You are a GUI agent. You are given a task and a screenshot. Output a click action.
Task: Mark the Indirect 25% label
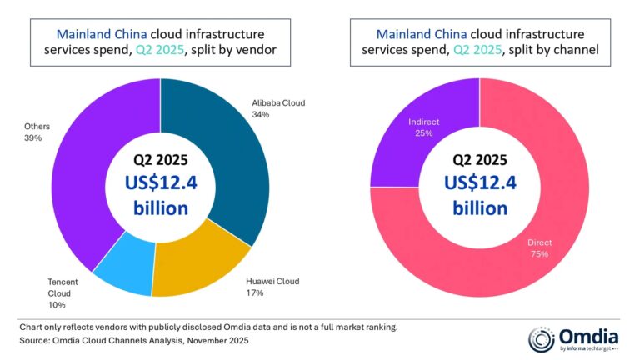coord(423,127)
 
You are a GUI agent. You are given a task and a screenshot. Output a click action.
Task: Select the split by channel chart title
coord(478,42)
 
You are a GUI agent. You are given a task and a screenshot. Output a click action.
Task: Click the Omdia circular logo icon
coord(542,339)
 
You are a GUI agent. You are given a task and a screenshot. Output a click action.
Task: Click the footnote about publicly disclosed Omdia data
coord(207,327)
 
